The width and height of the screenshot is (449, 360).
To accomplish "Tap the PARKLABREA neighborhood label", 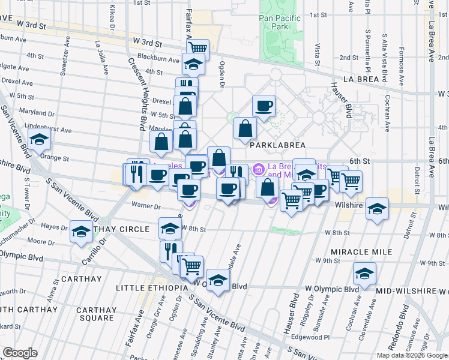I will click(274, 145).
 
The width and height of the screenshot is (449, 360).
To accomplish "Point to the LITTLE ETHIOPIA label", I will click(156, 288).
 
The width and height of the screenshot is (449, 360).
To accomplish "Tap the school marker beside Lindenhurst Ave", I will click(40, 140).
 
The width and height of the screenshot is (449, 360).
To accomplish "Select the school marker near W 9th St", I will click(364, 273).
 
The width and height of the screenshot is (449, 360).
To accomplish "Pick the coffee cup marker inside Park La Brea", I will click(264, 106).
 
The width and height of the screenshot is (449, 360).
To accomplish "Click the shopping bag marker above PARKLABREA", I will click(246, 128).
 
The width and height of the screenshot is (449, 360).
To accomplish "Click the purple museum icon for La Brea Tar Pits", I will click(259, 169).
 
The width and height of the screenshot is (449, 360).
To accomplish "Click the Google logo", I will click(20, 353).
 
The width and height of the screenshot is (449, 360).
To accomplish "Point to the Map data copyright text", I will click(411, 355).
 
